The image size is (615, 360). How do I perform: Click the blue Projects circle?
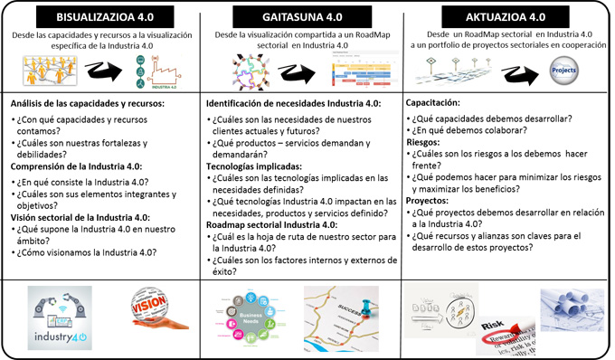563,69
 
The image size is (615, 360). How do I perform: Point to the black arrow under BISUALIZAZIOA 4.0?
100,70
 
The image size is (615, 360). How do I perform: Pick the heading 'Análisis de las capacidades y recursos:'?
86,104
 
